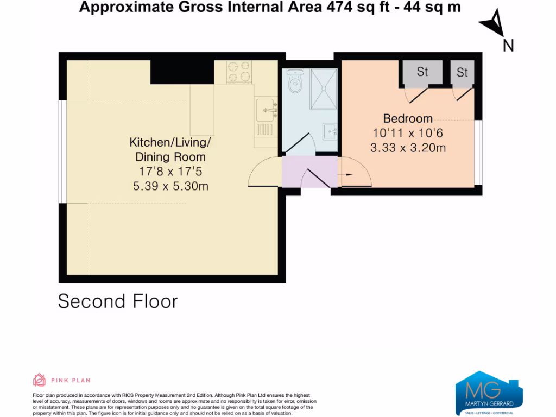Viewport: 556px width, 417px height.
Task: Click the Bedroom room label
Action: tap(408, 118)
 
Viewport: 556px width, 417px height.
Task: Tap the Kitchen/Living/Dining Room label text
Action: tap(169, 150)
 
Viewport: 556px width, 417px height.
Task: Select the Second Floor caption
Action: tap(118, 301)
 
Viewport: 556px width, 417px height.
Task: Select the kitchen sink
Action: tap(267, 111)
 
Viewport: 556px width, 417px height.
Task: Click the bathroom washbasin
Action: tap(330, 131)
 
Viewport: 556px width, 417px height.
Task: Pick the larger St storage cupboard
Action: tap(422, 72)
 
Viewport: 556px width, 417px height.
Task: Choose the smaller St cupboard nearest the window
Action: tap(462, 72)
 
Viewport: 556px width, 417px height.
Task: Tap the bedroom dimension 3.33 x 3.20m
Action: tap(408, 147)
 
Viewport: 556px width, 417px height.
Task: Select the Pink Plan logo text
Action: tap(71, 381)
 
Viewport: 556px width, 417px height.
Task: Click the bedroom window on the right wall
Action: tap(478, 152)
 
